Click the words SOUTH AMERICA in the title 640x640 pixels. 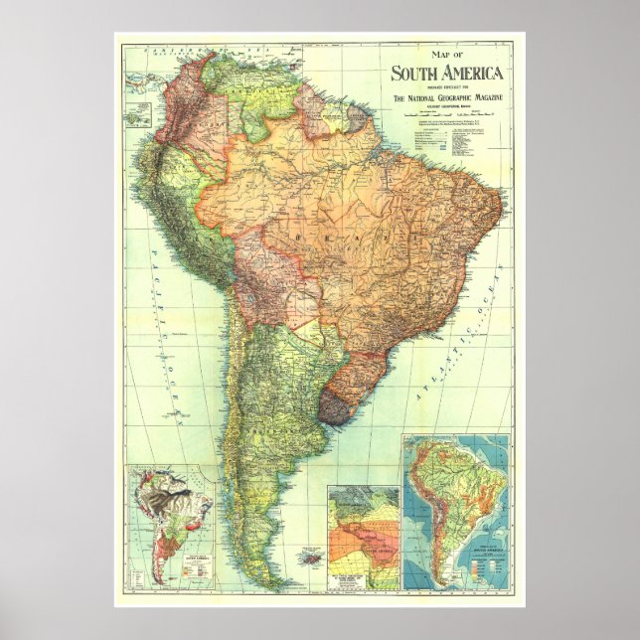click(x=447, y=73)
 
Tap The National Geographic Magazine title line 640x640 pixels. click(x=447, y=97)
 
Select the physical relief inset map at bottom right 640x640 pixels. click(x=456, y=511)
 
